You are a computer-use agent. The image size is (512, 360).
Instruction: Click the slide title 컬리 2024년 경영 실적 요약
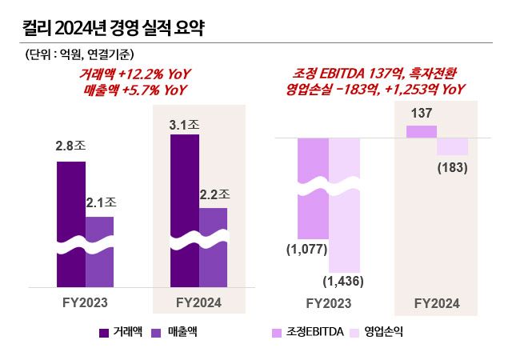(x=112, y=30)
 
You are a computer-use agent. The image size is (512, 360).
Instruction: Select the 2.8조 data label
(x=70, y=146)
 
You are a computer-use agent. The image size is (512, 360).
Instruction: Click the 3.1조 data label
(x=185, y=125)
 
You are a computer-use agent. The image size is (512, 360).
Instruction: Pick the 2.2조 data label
(x=214, y=194)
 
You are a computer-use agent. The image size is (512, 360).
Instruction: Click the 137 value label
(x=422, y=114)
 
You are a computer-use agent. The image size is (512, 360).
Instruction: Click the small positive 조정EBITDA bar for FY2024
(x=422, y=131)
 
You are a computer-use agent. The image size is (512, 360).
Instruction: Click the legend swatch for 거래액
(x=104, y=331)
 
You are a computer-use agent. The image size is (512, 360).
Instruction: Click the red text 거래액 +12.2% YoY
(x=135, y=74)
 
